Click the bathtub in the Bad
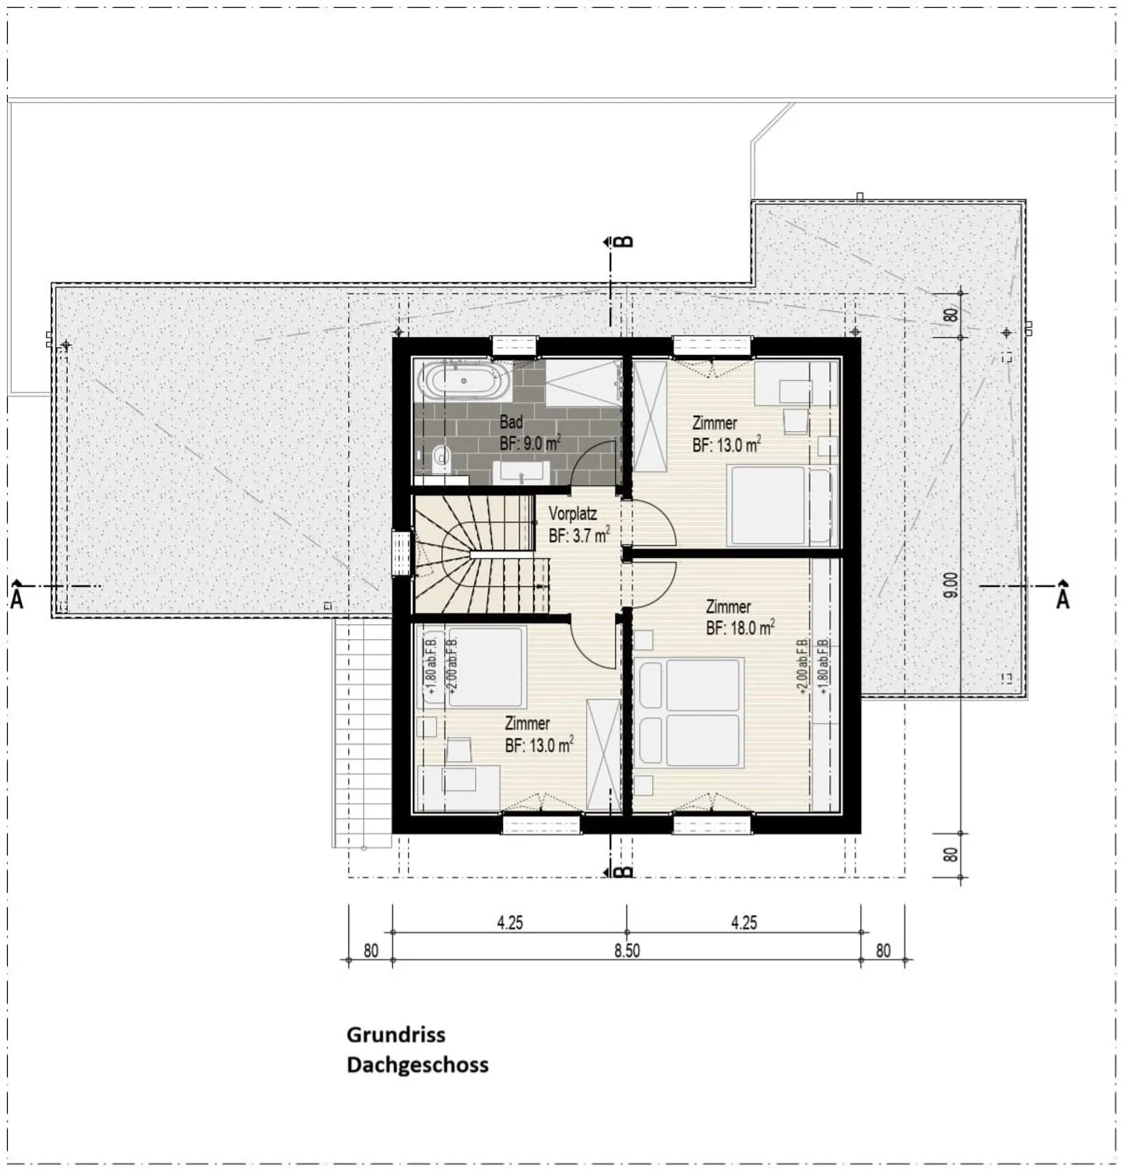click(464, 381)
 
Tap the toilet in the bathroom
click(441, 459)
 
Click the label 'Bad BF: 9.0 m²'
click(529, 433)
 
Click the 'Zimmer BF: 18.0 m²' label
click(739, 617)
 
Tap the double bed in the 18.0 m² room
click(689, 712)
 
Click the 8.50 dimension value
click(626, 951)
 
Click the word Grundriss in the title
click(395, 1035)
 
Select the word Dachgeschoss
click(417, 1065)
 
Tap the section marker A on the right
click(1063, 597)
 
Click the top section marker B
click(624, 241)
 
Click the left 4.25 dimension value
click(509, 923)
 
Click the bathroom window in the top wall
click(514, 345)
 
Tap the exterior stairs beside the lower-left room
click(362, 732)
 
